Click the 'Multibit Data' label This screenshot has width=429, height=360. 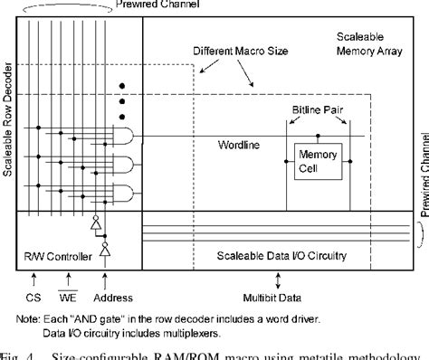click(x=275, y=272)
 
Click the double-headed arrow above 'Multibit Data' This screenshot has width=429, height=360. click(x=275, y=253)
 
